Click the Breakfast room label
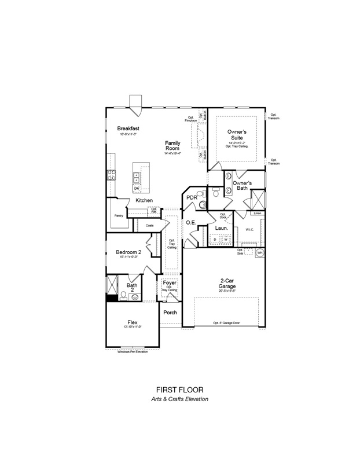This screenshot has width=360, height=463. pos(129,128)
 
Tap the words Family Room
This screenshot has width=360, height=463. pos(172,146)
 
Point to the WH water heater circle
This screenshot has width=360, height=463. pos(260,253)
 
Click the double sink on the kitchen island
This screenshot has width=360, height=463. pos(137,177)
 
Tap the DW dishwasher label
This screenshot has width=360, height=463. pos(137,189)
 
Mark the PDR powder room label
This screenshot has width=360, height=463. pos(192,198)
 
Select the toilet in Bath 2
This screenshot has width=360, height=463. pos(123,296)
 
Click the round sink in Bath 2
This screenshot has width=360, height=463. pos(135,297)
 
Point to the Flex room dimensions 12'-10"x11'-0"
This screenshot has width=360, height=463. pos(133,328)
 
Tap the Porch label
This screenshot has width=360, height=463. pos(170,313)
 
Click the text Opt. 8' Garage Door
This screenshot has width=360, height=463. pos(226,322)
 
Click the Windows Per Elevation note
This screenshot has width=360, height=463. pos(133,351)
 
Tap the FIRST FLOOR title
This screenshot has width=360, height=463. pos(179,390)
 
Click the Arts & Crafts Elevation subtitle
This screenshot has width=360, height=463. pos(179,399)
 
